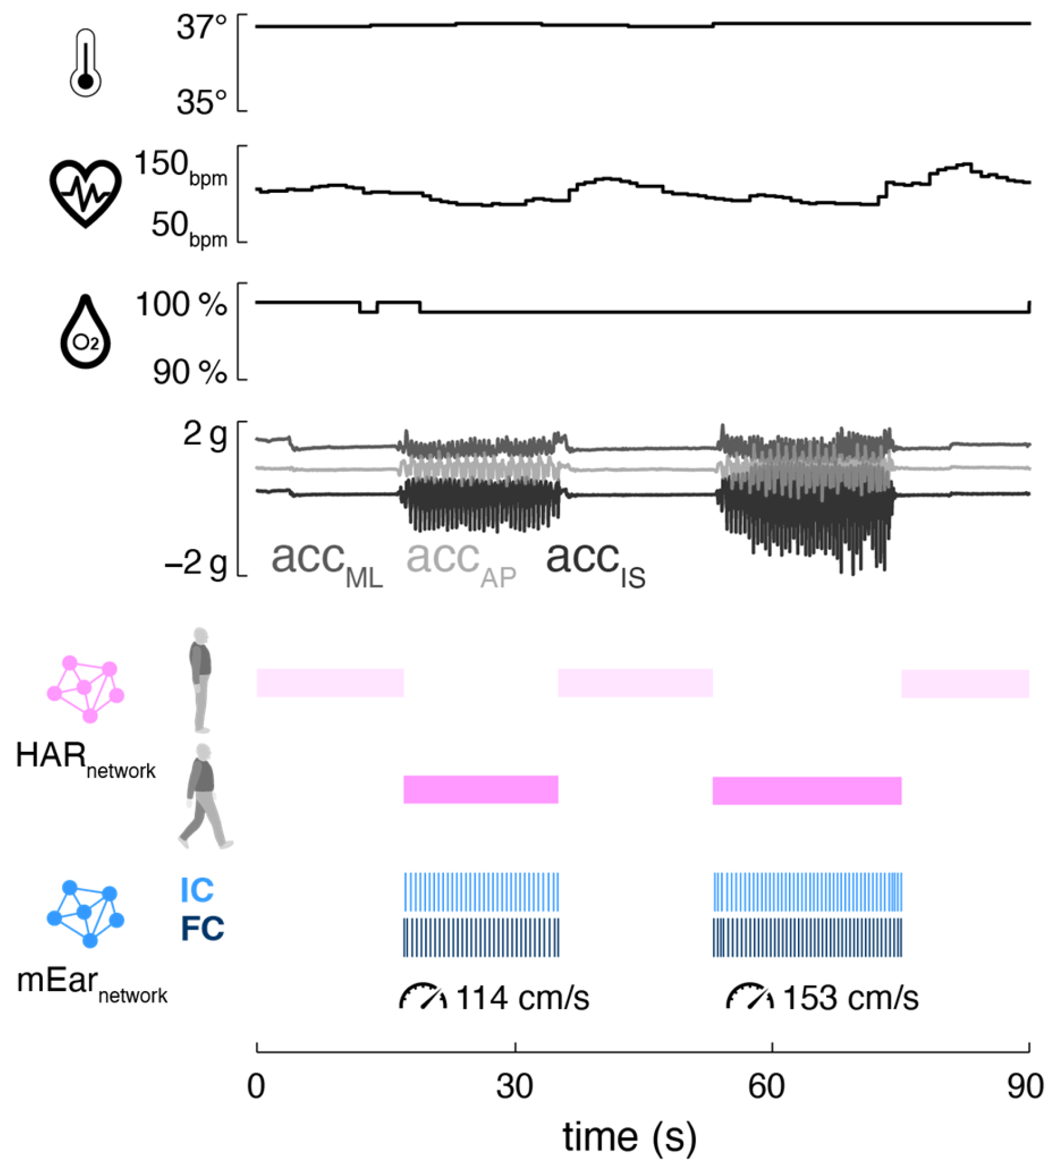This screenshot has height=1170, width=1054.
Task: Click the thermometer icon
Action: (86, 63)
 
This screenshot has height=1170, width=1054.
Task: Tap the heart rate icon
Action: (86, 193)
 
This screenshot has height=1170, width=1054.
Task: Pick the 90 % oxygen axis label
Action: (189, 372)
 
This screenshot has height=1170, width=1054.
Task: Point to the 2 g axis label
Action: (205, 434)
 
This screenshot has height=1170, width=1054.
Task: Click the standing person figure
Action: (201, 680)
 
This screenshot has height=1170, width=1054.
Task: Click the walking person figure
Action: (205, 796)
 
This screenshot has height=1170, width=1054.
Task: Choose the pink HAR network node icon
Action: (86, 689)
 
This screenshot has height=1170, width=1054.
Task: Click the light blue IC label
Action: (197, 890)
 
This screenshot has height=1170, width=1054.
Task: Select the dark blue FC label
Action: (202, 928)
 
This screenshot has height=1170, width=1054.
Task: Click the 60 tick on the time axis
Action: (766, 1087)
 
